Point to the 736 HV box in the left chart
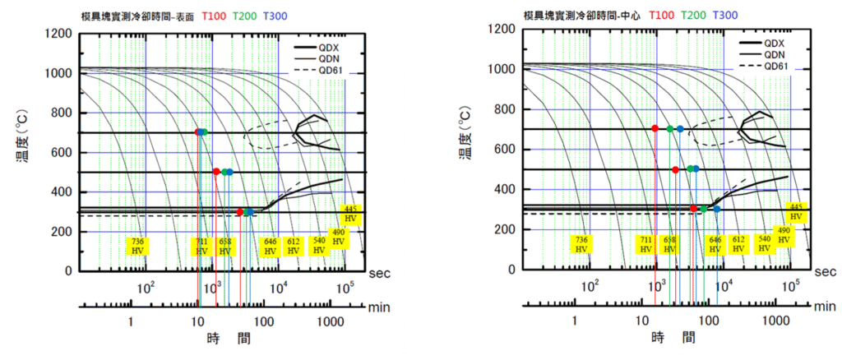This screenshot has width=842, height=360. (138, 246)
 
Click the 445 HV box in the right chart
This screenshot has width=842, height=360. (795, 211)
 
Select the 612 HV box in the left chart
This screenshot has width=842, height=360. (294, 246)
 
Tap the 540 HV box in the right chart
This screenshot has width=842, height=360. (764, 243)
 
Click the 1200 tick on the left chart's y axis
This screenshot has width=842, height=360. (58, 35)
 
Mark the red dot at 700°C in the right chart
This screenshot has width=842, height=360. (655, 128)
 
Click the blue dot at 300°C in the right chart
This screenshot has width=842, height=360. (717, 210)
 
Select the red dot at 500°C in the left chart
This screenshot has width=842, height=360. (216, 172)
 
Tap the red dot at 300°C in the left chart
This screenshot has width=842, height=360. (239, 212)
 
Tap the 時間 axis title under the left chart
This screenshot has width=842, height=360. (229, 338)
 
